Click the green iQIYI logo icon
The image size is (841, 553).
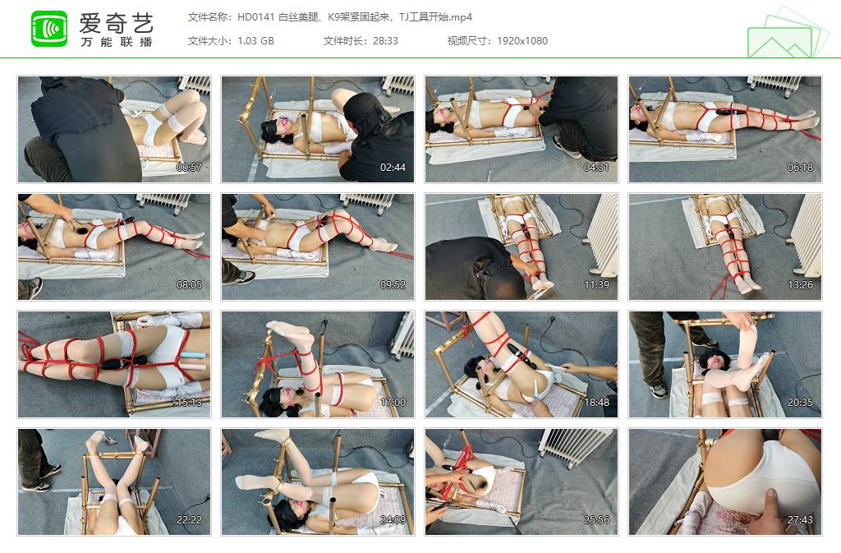49,29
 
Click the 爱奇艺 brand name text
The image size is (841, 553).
116,21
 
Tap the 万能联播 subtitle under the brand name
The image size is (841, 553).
116,42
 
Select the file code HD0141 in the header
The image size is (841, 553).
255,17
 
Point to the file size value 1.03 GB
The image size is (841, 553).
255,41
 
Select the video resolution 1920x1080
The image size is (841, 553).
522,41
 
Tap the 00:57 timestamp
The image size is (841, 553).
190,168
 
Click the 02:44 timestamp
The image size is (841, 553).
393,168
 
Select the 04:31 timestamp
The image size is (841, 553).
597,168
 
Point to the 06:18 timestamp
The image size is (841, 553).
801,168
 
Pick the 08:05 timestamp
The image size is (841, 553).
190,285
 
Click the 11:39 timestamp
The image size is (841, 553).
597,285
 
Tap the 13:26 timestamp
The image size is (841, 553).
801,285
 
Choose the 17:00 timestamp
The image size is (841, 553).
393,403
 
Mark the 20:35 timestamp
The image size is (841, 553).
801,403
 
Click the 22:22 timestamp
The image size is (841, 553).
190,520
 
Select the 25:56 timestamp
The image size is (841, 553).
597,520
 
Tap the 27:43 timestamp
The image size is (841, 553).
801,520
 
